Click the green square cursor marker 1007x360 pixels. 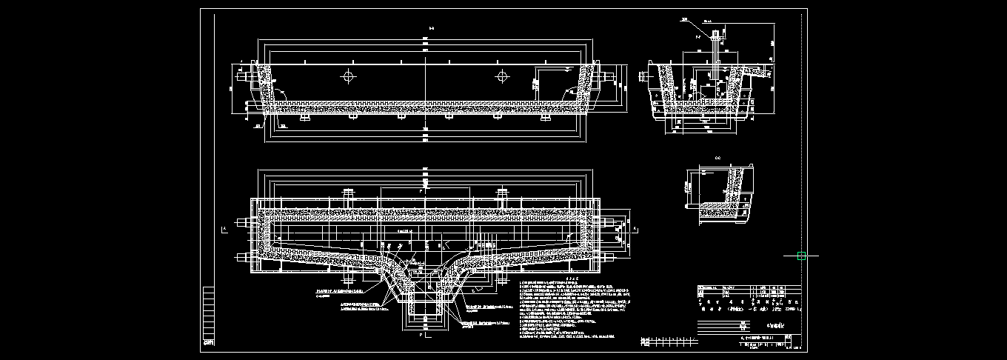point(801,256)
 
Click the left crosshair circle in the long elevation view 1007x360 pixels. point(349,76)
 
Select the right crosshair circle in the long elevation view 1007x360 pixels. point(503,76)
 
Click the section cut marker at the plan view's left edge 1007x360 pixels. point(224,230)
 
